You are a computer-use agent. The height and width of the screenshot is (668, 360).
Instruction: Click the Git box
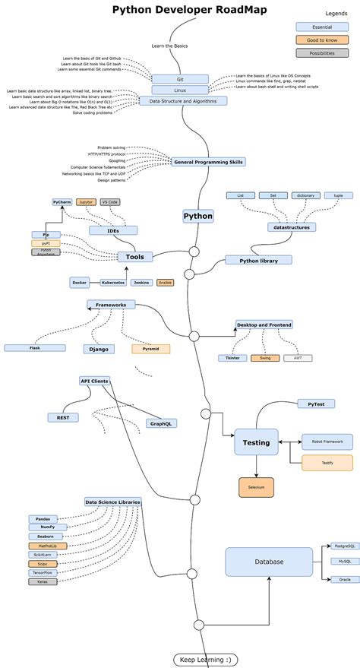click(x=179, y=78)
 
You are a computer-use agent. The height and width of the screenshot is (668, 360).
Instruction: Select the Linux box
click(x=179, y=90)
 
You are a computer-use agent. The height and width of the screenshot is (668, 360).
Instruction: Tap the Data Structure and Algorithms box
click(x=183, y=100)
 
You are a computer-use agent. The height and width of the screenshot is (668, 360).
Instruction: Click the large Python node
click(x=198, y=216)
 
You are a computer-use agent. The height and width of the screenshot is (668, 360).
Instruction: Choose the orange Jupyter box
click(x=86, y=202)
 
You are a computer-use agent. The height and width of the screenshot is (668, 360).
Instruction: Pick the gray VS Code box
click(x=110, y=202)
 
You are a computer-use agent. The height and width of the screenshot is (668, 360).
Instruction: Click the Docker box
click(x=80, y=282)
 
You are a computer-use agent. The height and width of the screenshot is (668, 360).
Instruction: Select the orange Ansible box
click(x=164, y=282)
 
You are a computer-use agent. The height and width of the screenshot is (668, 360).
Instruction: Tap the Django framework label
click(x=99, y=349)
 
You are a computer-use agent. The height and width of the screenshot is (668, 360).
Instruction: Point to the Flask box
click(x=35, y=347)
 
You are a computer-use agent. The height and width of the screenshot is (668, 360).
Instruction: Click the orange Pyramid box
click(x=150, y=349)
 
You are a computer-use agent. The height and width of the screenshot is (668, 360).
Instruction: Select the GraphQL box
click(x=160, y=423)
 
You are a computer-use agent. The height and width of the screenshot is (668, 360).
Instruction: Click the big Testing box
click(x=256, y=442)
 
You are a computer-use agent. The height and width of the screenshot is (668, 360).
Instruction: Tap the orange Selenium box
click(x=256, y=486)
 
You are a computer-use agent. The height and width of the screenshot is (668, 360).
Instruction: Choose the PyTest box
click(x=316, y=404)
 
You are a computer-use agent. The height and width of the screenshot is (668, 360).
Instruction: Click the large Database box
click(x=269, y=562)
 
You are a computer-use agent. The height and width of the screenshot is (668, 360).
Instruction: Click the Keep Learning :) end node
click(x=206, y=659)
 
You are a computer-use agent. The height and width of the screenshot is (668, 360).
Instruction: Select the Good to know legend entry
click(x=317, y=39)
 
